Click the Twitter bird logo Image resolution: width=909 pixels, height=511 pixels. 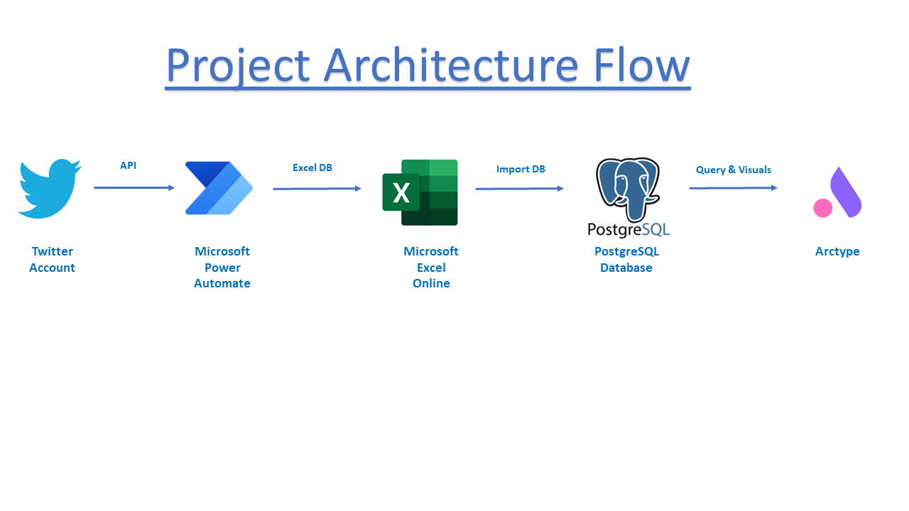50,189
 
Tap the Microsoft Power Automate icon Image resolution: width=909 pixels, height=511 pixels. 219,188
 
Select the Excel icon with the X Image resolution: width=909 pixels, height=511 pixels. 420,192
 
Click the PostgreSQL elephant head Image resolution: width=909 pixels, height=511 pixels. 628,189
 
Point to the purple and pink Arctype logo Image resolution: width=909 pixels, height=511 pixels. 837,192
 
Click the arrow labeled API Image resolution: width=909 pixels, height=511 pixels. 134,188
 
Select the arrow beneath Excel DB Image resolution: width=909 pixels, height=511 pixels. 317,189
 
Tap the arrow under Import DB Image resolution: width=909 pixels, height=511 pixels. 519,189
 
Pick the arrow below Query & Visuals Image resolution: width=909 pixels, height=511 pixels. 734,188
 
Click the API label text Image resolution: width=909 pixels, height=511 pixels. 129,165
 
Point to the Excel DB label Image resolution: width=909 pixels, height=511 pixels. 312,167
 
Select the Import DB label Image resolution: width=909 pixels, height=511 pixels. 521,169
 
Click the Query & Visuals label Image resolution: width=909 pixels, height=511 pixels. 734,170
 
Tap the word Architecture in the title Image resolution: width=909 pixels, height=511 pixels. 451,65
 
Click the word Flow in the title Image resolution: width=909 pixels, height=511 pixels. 641,65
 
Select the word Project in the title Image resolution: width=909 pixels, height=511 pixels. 238,67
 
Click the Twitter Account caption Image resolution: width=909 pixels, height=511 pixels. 52,260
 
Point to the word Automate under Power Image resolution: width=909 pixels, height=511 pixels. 222,283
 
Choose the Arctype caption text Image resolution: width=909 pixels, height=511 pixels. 837,251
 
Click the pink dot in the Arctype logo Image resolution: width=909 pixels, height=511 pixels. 823,208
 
